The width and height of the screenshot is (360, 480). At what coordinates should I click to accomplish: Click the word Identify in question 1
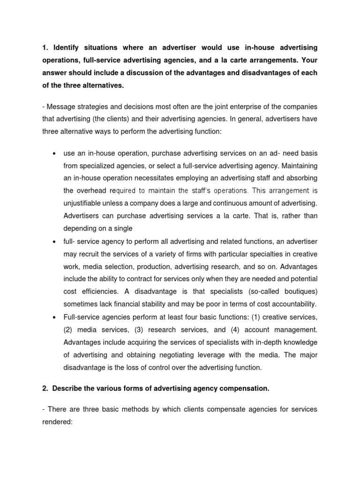69,48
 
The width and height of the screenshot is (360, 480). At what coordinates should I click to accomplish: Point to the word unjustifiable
85,203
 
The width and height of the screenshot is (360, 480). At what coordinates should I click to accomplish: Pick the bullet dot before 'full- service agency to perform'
55,242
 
